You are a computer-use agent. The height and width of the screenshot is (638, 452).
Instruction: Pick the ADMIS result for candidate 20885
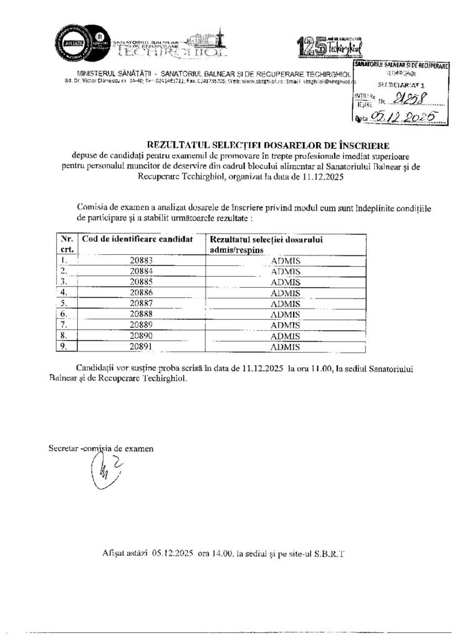[286, 281]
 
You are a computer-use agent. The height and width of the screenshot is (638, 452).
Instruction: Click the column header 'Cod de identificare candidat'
[137, 239]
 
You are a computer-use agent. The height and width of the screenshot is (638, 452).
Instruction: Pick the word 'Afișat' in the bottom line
[122, 552]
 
